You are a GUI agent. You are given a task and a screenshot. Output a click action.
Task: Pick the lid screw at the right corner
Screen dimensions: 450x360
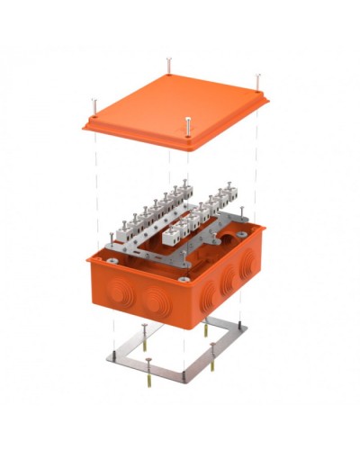click(258, 83)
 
